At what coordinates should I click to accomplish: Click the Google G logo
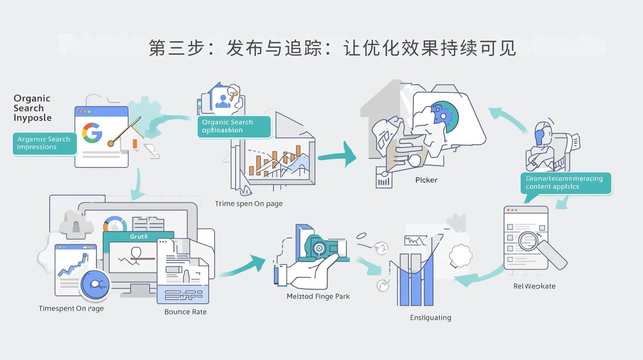point(92,133)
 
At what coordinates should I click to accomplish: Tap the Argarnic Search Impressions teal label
point(44,143)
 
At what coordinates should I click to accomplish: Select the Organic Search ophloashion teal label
point(233,126)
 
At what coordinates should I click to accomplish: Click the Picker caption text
point(426,180)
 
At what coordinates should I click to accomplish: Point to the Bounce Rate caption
point(185,312)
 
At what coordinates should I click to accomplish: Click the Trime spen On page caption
point(248,204)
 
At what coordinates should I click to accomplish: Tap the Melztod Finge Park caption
point(318,297)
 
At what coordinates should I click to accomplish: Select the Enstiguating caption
point(430,318)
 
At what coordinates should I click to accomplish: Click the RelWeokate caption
point(534,286)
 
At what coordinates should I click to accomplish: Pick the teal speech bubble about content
point(566,183)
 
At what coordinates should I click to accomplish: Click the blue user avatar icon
point(223,101)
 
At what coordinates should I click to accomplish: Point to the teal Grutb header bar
point(138,236)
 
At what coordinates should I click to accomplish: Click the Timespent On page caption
point(71,309)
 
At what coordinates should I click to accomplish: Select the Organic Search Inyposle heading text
point(32,108)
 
